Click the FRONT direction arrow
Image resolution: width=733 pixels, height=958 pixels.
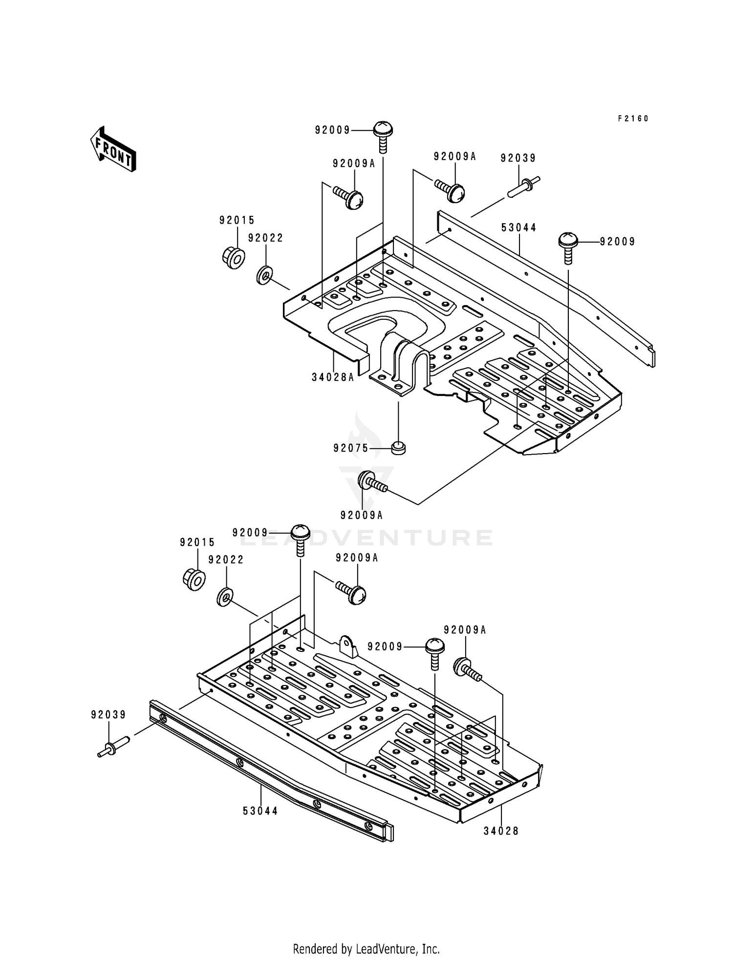[x=113, y=149]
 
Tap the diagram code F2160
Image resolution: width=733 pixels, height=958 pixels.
[x=633, y=119]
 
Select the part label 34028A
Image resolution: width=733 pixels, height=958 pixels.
[x=333, y=377]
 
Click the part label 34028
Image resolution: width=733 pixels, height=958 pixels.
[x=501, y=831]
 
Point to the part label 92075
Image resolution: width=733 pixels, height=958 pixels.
[x=351, y=448]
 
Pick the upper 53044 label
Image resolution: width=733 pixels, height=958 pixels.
[x=519, y=228]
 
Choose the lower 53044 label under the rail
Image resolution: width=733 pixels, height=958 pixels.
[x=260, y=811]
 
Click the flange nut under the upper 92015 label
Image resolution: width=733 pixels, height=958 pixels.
[x=233, y=258]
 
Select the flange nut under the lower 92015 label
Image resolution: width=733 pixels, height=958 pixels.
[x=194, y=579]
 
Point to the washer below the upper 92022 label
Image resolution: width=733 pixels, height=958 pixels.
[x=264, y=276]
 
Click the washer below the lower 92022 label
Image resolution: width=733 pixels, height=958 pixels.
[x=225, y=597]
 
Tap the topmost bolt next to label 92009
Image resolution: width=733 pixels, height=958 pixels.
[x=383, y=137]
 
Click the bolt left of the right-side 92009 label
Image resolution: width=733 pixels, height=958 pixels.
[x=568, y=248]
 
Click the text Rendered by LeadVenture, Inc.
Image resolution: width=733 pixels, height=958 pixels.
[x=366, y=949]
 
